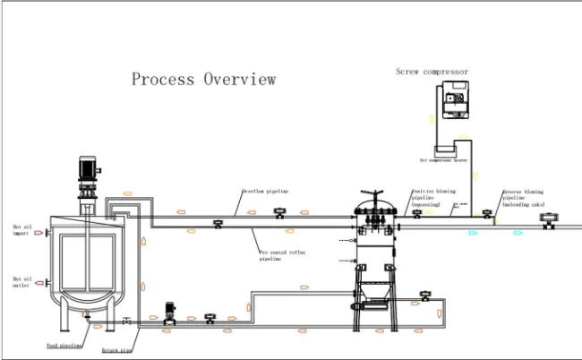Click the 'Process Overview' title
203,79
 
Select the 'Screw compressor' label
432,72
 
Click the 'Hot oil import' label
21,230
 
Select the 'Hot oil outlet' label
21,283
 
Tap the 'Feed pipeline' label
64,344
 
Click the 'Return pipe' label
117,351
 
